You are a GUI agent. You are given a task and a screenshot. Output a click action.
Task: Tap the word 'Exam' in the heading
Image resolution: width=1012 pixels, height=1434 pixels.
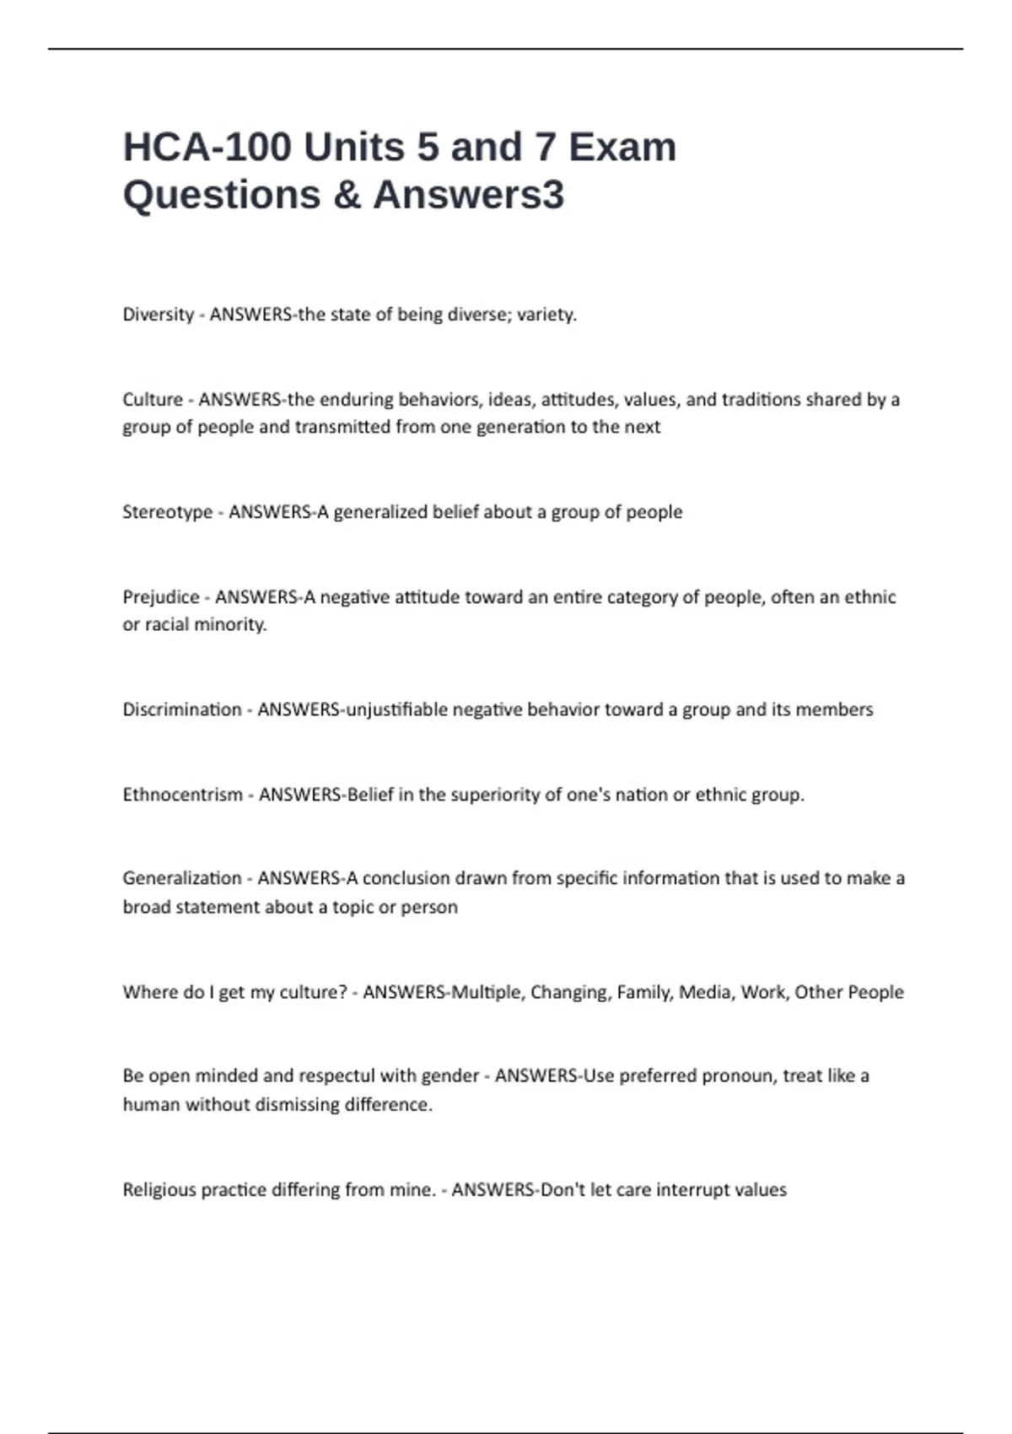point(622,148)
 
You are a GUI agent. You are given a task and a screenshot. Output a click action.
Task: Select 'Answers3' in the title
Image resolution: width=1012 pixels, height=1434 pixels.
point(469,195)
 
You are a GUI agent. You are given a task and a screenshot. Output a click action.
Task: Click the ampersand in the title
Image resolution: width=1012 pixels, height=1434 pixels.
point(346,195)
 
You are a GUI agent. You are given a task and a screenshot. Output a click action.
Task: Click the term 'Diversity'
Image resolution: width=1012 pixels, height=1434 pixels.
point(159,315)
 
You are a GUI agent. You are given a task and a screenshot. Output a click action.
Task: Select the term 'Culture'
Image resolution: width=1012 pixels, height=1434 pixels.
point(153,399)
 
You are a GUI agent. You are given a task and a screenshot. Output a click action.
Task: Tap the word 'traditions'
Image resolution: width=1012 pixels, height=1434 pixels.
point(760,399)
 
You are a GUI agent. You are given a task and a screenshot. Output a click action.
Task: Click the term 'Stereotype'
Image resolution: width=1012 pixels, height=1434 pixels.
point(168,512)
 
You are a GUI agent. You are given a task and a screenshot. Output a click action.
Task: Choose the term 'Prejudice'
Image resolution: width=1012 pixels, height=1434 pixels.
point(161,597)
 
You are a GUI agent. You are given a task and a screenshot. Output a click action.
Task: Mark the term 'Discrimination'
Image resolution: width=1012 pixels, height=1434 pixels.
point(182,709)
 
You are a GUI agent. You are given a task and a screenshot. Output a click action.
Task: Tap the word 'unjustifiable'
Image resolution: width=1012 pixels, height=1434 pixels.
point(397,709)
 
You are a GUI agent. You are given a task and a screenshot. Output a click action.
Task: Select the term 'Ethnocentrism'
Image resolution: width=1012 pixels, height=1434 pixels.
point(182,795)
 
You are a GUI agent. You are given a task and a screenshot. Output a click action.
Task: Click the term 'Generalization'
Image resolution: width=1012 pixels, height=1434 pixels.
point(182,878)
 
